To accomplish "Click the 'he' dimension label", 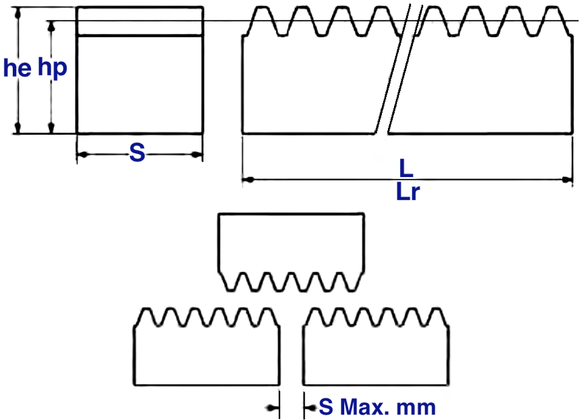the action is (x=17, y=68).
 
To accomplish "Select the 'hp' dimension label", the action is (x=53, y=68).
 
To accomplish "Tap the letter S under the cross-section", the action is (x=137, y=153).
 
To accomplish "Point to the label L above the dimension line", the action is (x=406, y=168).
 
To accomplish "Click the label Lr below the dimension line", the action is (x=408, y=192).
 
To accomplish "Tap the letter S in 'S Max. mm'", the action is (x=326, y=407).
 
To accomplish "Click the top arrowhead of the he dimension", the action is (x=18, y=13).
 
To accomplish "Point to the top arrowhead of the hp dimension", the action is (x=51, y=26).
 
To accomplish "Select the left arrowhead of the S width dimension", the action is (x=83, y=154).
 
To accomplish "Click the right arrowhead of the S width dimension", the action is (x=197, y=154).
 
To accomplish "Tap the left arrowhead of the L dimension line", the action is (x=248, y=180).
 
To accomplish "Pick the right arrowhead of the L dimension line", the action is (x=567, y=180).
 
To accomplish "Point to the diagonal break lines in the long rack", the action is (x=399, y=69).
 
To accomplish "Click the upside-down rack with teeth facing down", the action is (x=291, y=252).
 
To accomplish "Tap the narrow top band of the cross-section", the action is (x=139, y=22).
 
